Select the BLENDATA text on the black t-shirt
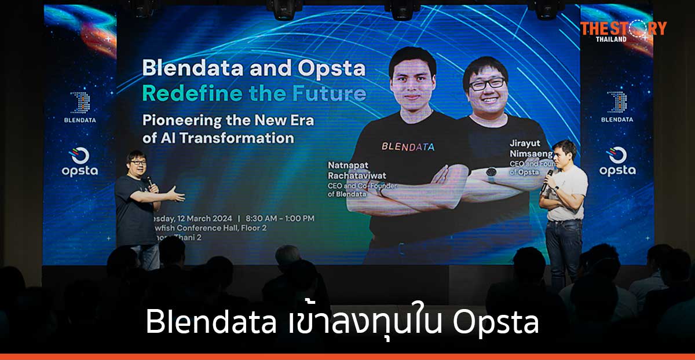coord(408,146)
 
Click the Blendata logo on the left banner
coord(80,106)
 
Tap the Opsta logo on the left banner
coord(80,161)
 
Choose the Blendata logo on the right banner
coord(617,106)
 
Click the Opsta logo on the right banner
coord(617,161)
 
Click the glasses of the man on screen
coord(488,84)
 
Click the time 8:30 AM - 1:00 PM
coord(280,219)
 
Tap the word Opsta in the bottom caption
coord(496,323)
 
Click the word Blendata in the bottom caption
coord(211,323)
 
